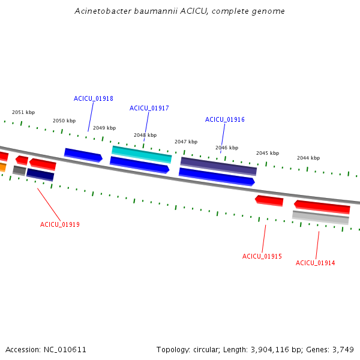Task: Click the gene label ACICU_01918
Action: pos(94,98)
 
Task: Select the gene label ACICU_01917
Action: pos(149,108)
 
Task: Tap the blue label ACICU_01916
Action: pos(225,119)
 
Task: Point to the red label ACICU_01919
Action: pos(60,224)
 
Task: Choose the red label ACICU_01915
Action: pos(262,256)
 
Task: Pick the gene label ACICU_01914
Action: pos(315,263)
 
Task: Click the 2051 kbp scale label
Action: pos(23,112)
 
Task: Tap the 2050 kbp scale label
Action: pos(64,121)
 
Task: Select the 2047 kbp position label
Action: pos(186,142)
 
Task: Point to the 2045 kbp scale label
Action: pos(268,153)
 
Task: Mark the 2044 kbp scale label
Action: pos(308,158)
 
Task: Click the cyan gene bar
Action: pos(142,155)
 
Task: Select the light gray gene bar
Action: pos(320,217)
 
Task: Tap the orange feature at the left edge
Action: pos(3,167)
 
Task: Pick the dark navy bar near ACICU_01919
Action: pos(40,175)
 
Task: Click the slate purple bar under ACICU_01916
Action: pos(218,166)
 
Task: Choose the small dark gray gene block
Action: pos(19,170)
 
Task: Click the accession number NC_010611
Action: pos(65,350)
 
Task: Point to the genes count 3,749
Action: pos(343,350)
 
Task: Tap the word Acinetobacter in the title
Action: pos(103,11)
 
